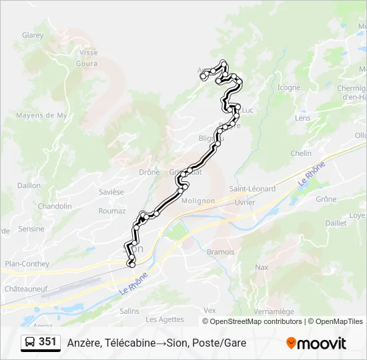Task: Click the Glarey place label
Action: (x=33, y=35)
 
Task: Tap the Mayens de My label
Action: (x=41, y=115)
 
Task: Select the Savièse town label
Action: (x=111, y=192)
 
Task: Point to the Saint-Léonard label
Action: (x=252, y=189)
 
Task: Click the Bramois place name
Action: (x=221, y=252)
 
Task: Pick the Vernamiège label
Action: (x=274, y=311)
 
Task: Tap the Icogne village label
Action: (x=288, y=87)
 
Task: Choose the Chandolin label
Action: (x=55, y=206)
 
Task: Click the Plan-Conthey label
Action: (x=27, y=264)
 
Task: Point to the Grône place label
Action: (x=326, y=199)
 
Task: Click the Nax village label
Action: (x=262, y=267)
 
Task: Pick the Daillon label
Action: (x=29, y=186)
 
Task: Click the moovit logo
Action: (x=316, y=343)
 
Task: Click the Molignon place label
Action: (x=198, y=201)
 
